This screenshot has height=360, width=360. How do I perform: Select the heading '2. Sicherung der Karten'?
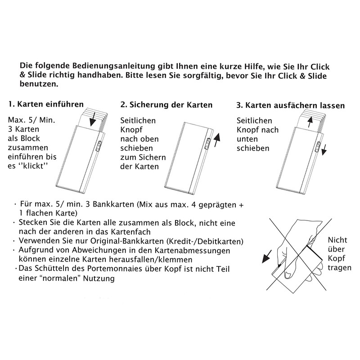tap(166, 104)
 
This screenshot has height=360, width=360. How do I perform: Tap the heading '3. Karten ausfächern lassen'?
tap(291, 106)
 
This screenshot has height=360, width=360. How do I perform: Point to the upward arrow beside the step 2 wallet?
tap(218, 138)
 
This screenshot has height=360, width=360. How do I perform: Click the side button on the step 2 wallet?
tap(208, 144)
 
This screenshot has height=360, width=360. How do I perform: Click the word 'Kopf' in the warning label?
tap(337, 259)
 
